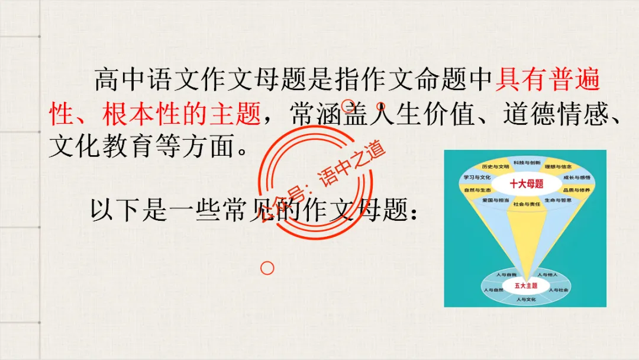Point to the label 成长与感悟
tap(576, 177)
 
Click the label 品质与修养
tap(576, 190)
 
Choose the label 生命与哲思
tap(558, 201)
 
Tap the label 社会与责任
tap(527, 204)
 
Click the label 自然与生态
tap(477, 190)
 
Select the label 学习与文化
tap(477, 177)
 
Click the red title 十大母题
tap(526, 184)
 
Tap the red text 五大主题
tap(525, 285)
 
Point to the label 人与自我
tap(506, 275)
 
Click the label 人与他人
tap(546, 275)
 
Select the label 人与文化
tap(525, 300)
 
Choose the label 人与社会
tap(558, 290)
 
